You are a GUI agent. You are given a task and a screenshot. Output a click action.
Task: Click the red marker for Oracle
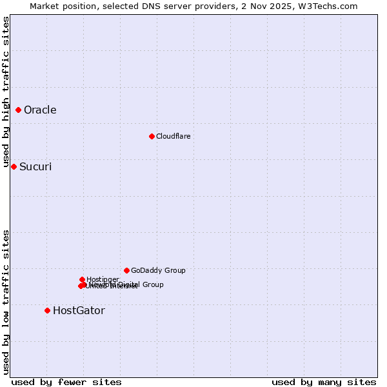click(19, 110)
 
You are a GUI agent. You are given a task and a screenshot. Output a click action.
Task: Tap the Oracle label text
click(40, 110)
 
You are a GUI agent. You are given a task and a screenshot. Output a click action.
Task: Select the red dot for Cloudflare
click(152, 136)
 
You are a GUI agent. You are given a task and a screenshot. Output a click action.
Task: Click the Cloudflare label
click(173, 136)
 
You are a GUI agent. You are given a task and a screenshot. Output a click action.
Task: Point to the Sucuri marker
click(14, 166)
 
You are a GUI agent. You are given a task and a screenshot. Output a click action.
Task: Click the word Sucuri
click(35, 166)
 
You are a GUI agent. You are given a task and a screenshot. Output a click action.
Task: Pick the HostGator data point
click(47, 310)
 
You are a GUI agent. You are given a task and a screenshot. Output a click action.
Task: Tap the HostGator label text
click(79, 310)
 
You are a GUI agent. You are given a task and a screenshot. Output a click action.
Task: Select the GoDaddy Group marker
click(126, 270)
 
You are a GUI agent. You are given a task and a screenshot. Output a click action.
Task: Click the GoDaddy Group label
click(158, 270)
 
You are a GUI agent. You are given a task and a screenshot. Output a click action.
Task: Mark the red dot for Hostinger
click(82, 279)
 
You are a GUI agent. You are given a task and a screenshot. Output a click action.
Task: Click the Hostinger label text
click(103, 279)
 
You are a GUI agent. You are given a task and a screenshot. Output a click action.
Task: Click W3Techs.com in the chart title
click(331, 6)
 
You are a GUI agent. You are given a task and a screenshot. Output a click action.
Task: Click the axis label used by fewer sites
click(66, 382)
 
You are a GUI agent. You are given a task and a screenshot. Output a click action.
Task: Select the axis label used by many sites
click(324, 382)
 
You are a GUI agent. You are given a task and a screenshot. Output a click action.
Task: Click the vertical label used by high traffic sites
click(6, 92)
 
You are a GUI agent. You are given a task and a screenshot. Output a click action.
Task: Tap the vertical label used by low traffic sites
click(6, 302)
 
